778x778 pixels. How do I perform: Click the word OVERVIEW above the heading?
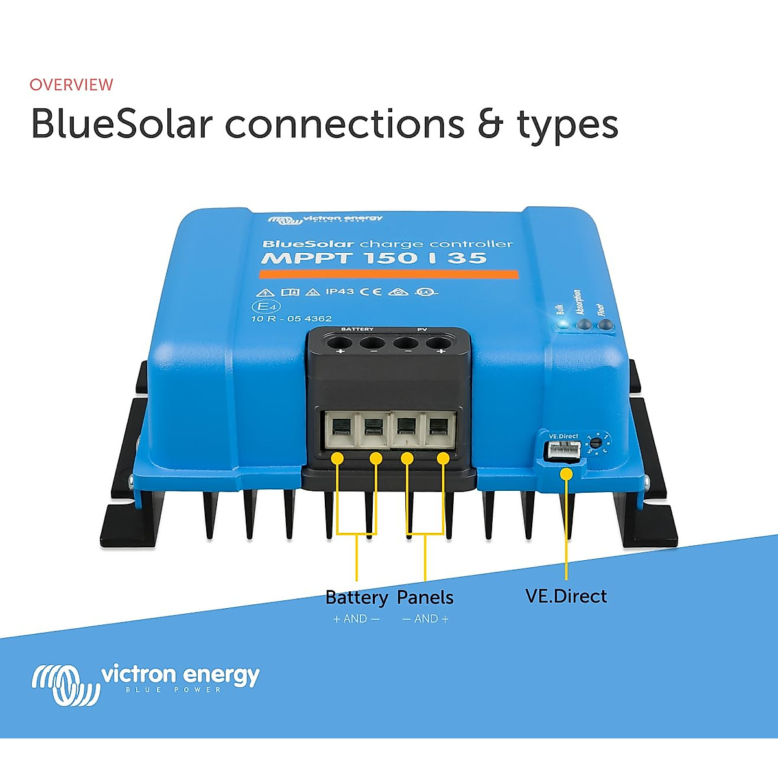point(71,85)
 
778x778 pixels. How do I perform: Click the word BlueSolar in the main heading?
point(122,124)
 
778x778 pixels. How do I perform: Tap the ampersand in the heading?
point(490,124)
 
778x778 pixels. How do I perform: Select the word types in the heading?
point(568,126)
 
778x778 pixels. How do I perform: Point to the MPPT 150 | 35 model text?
point(373,258)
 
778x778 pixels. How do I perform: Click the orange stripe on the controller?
point(389,274)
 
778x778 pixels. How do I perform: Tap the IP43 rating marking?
point(339,292)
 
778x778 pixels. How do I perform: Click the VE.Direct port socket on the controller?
point(562,452)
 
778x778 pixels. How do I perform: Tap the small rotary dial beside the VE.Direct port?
point(595,443)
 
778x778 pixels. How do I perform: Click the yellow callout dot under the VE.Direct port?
point(566,474)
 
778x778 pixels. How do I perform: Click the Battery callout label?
point(357,597)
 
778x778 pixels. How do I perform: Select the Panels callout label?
point(425,597)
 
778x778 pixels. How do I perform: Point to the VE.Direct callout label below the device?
point(566,596)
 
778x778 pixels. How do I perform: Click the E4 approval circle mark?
point(265,306)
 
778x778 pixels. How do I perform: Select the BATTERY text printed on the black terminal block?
point(357,329)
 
